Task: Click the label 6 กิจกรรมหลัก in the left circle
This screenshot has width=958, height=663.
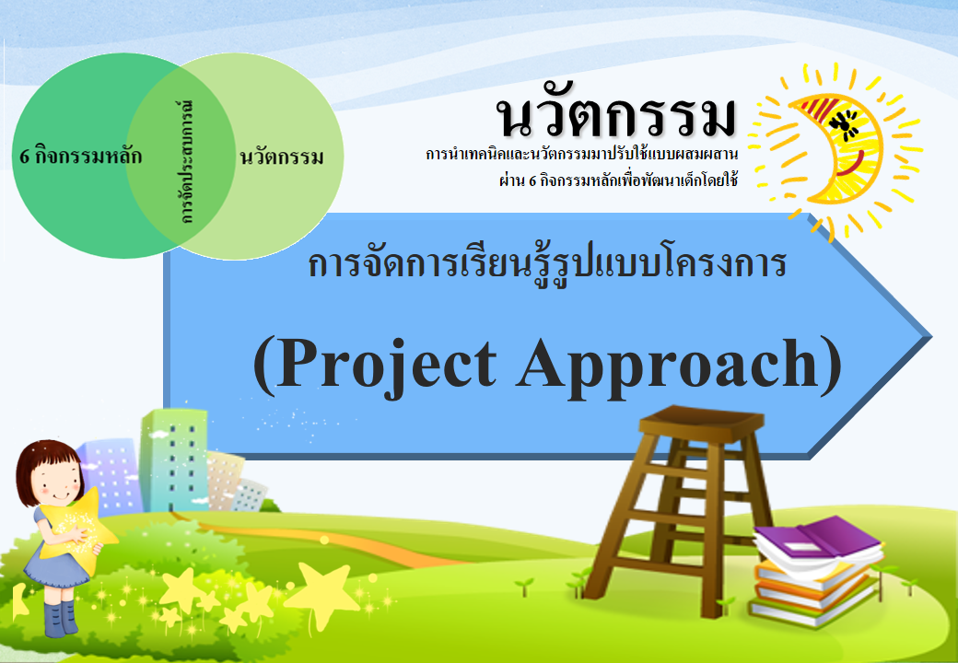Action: pos(81,156)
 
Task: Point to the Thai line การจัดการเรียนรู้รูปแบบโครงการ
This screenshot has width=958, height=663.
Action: pos(547,264)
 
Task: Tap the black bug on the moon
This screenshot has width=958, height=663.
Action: pos(845,120)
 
